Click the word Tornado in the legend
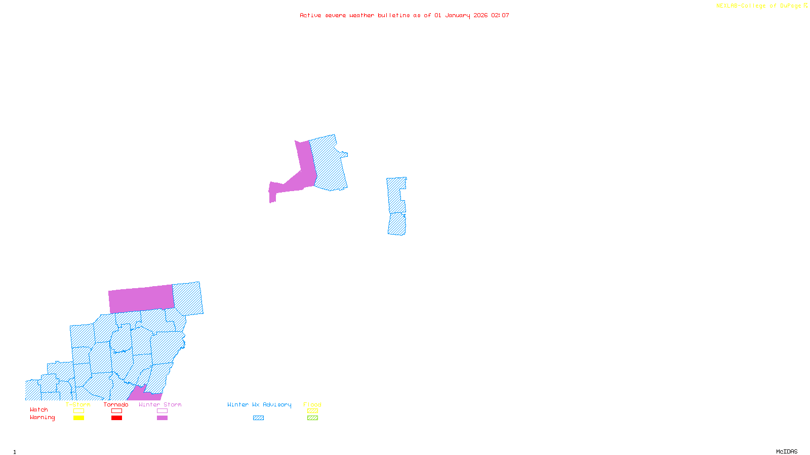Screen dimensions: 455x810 (x=116, y=404)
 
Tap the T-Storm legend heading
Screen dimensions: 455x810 (x=78, y=404)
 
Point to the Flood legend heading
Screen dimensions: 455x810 (x=312, y=404)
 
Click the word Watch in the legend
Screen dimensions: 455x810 (x=39, y=409)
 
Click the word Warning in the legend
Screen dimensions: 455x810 (x=42, y=418)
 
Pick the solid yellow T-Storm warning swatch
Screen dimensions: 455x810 (x=78, y=418)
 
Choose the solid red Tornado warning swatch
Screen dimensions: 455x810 (x=116, y=418)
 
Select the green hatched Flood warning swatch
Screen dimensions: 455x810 (x=312, y=418)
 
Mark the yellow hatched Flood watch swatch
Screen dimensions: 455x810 (x=312, y=411)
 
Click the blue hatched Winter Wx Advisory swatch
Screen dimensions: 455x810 (x=258, y=418)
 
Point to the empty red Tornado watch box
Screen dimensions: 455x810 (x=116, y=411)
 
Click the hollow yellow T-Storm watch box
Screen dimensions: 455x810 (x=78, y=411)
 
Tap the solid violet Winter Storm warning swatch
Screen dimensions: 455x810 (x=162, y=418)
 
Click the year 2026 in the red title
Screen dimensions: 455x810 (x=480, y=15)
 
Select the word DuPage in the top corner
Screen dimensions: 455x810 (x=791, y=6)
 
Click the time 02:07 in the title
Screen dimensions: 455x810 (x=500, y=15)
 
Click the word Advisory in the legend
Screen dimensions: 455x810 (x=277, y=404)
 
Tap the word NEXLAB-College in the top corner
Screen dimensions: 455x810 (x=741, y=6)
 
